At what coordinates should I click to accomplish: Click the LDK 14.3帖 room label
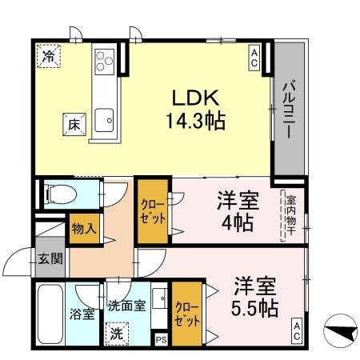click(x=194, y=110)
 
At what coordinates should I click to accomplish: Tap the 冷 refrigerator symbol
click(x=50, y=57)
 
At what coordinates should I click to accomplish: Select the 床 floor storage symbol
click(x=72, y=125)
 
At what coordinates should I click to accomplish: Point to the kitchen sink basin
click(x=104, y=120)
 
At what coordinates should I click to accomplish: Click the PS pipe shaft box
click(x=162, y=339)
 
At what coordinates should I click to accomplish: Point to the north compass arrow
click(x=340, y=330)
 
